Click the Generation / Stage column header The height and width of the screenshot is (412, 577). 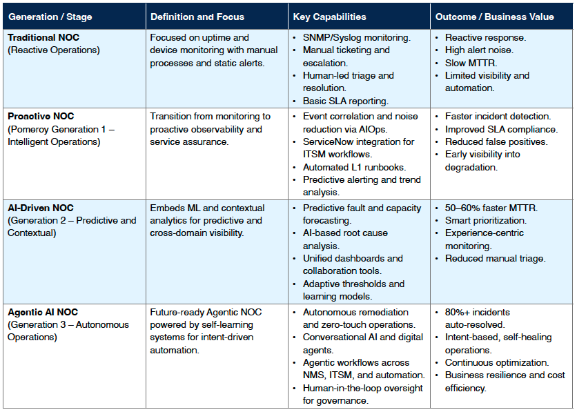[x=50, y=17]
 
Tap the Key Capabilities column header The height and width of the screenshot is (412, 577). [x=330, y=17]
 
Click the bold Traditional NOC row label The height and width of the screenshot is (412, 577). [x=41, y=37]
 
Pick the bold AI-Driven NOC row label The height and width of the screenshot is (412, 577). [x=41, y=208]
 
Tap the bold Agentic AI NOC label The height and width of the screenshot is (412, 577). [x=43, y=312]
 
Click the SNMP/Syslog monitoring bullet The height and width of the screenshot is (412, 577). [x=356, y=37]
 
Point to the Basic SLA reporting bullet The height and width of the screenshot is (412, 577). [x=345, y=101]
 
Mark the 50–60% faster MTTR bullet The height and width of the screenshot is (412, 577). [x=491, y=208]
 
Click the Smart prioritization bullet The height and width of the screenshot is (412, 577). [x=485, y=221]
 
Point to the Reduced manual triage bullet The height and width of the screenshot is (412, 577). [x=495, y=259]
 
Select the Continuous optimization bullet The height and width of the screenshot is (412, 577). [x=497, y=362]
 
